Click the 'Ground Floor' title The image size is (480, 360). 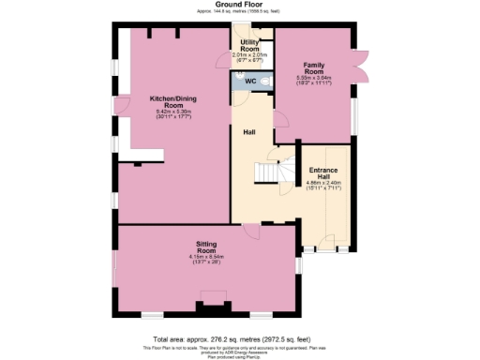[x=238, y=5]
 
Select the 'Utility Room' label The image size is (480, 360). [x=250, y=45]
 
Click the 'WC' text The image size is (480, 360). [x=249, y=82]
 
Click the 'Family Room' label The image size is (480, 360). [x=313, y=67]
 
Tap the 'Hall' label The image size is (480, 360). [x=249, y=132]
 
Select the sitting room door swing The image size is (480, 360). [x=249, y=231]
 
